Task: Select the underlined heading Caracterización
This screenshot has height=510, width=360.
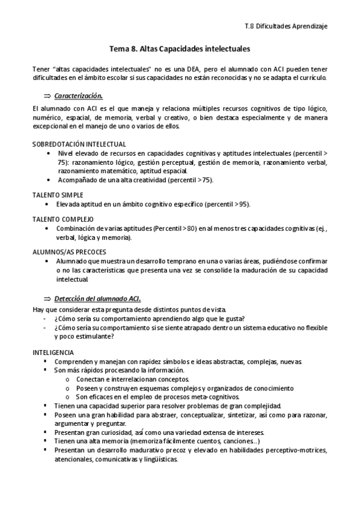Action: tap(78, 96)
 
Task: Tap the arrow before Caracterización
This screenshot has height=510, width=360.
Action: tap(47, 96)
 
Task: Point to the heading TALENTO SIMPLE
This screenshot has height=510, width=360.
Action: tap(58, 195)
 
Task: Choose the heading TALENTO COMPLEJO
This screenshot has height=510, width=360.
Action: tap(63, 220)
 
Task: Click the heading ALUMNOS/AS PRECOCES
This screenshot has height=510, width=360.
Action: tap(69, 253)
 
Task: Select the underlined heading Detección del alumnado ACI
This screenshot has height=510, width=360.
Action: tap(97, 299)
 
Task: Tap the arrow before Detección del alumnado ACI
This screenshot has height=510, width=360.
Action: tap(47, 299)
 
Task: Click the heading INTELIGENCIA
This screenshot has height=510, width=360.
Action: tap(53, 352)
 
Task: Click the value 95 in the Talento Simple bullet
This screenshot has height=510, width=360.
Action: tap(243, 204)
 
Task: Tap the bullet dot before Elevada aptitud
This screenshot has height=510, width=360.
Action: tap(48, 204)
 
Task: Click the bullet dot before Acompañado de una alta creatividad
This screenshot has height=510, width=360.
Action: tap(48, 180)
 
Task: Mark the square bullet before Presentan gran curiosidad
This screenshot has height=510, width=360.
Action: tap(46, 432)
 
